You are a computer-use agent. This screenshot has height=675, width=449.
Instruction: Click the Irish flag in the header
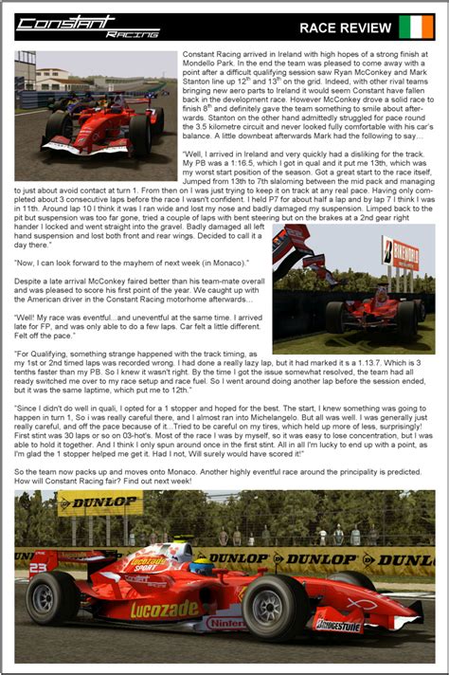[416, 27]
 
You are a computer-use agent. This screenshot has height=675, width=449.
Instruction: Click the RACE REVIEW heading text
[345, 28]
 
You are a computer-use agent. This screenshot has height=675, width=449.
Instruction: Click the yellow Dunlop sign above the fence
[99, 502]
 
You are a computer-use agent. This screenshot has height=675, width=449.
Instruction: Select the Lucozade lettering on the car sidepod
[165, 609]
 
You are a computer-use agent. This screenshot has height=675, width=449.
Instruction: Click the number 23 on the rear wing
[38, 568]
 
